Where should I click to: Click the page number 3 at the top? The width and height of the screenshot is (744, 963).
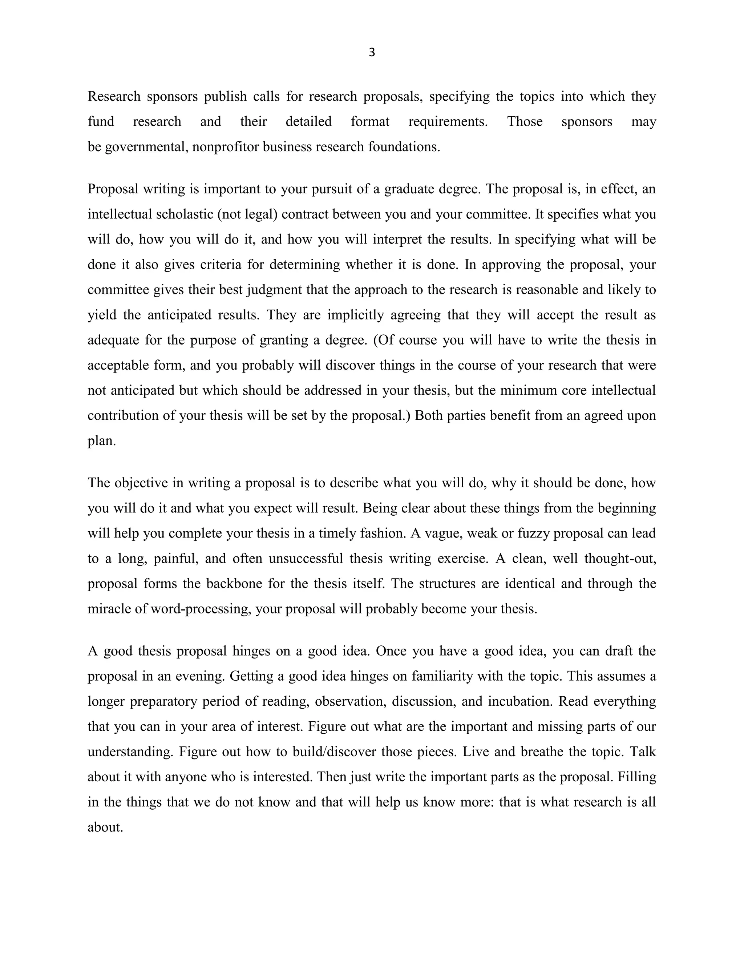[372, 52]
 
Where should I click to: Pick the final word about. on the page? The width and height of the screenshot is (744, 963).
[105, 827]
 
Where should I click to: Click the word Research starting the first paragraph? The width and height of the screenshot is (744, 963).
[114, 97]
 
